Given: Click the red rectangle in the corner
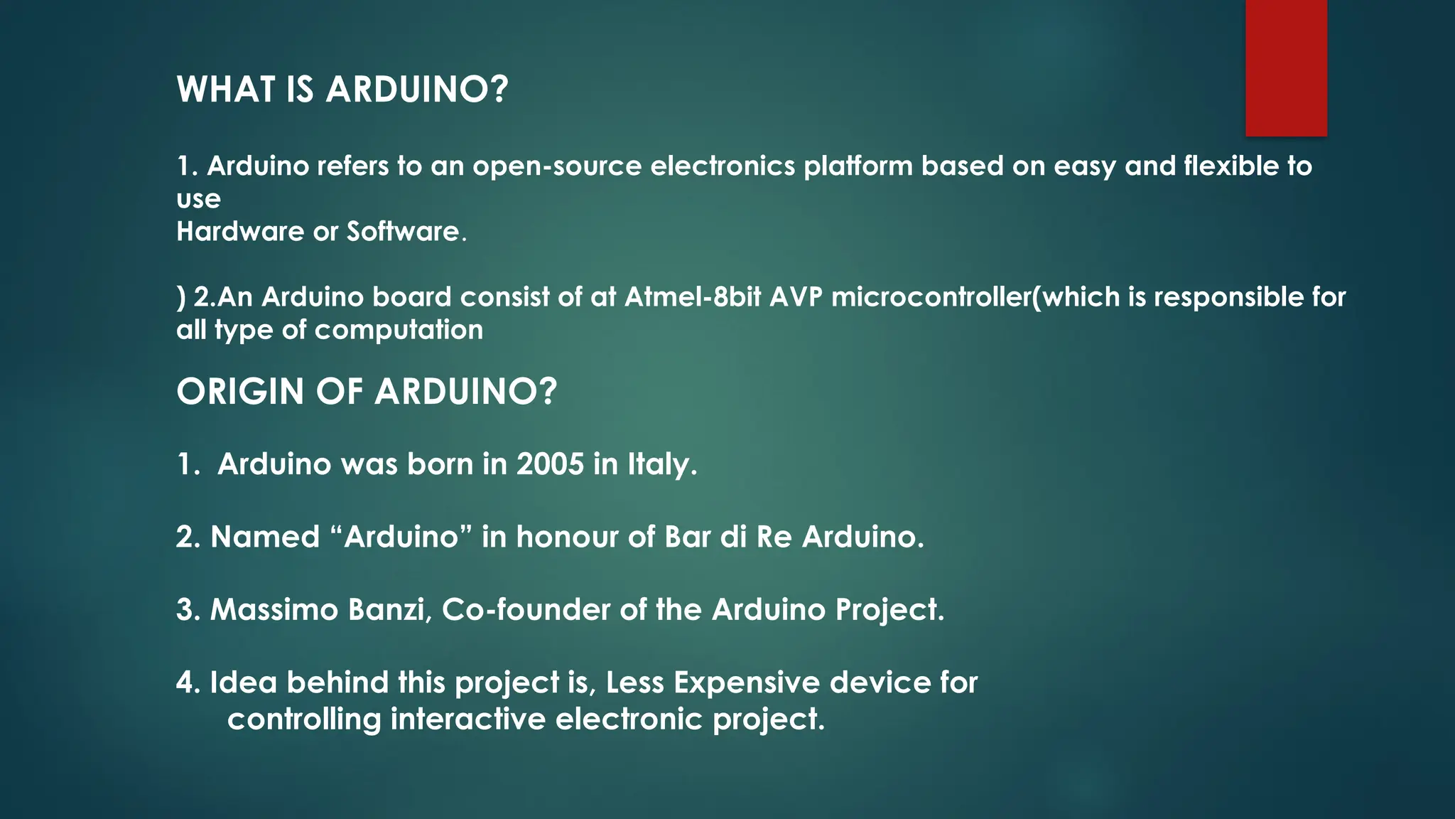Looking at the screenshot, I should point(1286,68).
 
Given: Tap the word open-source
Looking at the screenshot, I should point(557,166).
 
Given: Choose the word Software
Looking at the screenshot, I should point(403,232).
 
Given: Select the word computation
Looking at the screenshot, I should point(399,330).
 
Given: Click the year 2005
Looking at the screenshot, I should point(550,464).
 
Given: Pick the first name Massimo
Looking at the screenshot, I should point(274,610).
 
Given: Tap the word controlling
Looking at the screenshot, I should point(304,719).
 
